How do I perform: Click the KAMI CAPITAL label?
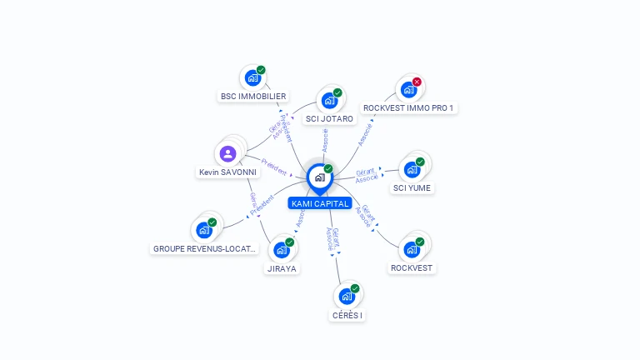coord(320,203)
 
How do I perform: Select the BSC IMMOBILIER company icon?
coord(252,78)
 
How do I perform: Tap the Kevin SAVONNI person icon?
coord(227,153)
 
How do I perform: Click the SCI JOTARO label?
coord(329,118)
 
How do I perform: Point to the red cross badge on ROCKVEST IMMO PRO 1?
coord(417,82)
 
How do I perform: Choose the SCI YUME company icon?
coord(411,169)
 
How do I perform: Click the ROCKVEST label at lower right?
coord(412,268)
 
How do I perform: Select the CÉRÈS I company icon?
coord(346,296)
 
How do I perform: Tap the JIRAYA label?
coord(282,268)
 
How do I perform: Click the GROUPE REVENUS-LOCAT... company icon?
coord(203,230)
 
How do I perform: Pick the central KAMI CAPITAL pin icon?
coord(319,177)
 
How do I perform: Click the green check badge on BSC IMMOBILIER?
coord(261,70)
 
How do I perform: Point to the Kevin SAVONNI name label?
coord(227,172)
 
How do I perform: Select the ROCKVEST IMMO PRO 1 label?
coord(409,108)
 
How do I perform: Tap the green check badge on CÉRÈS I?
coord(355,288)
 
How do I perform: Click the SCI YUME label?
coord(412,188)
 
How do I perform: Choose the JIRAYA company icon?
coord(281,249)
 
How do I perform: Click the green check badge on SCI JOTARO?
coord(337,92)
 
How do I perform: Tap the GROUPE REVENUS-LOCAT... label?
coord(205,248)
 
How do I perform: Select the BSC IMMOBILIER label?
coord(253,97)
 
